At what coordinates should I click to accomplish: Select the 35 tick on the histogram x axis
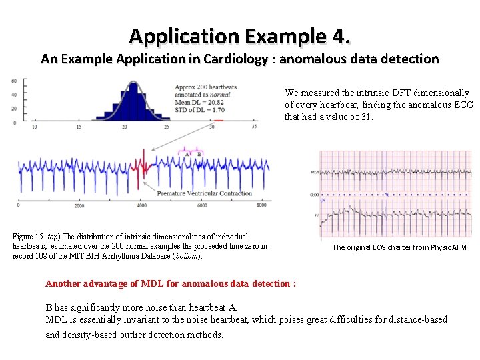(254, 127)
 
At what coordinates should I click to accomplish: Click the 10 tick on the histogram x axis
(35, 127)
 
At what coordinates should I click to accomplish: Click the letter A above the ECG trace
(187, 154)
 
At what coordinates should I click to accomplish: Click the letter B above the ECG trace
(199, 154)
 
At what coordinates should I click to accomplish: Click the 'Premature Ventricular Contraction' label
(204, 193)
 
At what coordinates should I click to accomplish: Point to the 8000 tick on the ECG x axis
(261, 206)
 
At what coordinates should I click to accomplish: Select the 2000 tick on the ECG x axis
(79, 206)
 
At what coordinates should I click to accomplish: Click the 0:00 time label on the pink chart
(313, 195)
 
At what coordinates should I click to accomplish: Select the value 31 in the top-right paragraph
(367, 117)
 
